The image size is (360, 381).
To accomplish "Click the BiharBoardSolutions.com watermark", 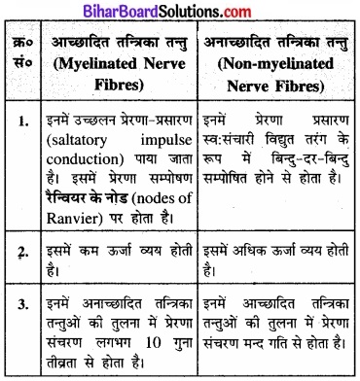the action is point(180,10).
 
